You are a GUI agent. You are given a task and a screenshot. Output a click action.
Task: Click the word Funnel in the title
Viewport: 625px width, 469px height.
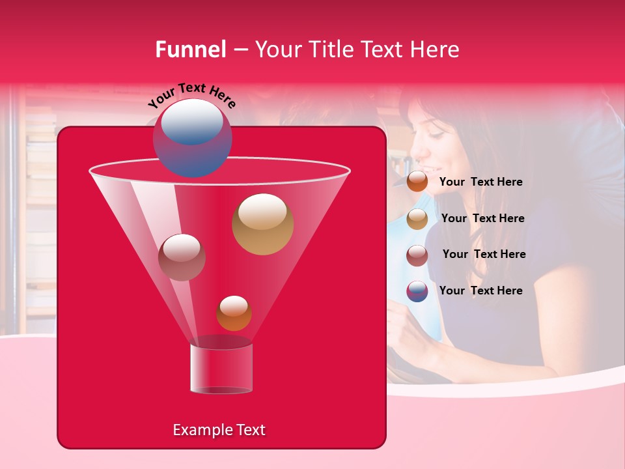coord(190,50)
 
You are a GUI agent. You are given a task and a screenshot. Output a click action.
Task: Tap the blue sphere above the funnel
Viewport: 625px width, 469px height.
coord(193,137)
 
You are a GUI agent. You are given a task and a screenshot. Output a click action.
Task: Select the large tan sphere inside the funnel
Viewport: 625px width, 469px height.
coord(262,224)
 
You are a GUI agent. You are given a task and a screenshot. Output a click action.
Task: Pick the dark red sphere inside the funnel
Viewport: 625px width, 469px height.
coord(182,257)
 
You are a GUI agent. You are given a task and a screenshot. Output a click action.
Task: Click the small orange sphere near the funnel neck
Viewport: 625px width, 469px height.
coord(234,313)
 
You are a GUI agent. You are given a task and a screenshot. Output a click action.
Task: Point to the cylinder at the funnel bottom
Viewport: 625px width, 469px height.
coord(221,368)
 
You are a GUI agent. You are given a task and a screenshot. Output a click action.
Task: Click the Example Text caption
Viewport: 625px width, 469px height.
coord(219,430)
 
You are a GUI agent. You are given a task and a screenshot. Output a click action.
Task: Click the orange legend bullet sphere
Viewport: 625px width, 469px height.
coord(417,182)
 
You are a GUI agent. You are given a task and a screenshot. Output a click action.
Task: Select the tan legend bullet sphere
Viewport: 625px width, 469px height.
coord(417,218)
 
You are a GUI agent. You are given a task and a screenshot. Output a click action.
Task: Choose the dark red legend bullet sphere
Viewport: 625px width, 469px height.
coord(417,255)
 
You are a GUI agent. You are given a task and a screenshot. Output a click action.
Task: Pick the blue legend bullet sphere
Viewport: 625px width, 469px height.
coord(417,291)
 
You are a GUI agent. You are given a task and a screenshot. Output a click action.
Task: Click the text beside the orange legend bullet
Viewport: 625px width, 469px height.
coord(480,182)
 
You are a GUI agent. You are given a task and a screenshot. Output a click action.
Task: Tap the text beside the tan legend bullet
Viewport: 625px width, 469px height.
coord(482,218)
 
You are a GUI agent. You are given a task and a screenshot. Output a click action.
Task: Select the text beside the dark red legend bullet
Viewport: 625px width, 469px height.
coord(484,254)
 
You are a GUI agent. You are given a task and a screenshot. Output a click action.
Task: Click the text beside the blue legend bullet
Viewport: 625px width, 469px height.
coord(480,291)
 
